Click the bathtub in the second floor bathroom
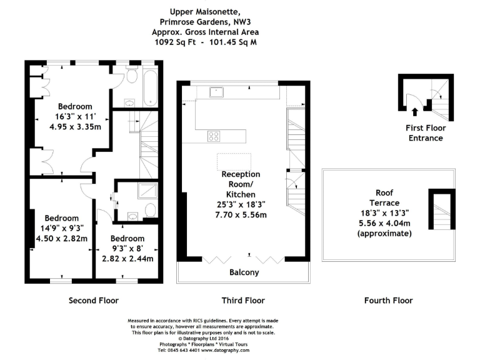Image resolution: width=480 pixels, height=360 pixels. (150, 88)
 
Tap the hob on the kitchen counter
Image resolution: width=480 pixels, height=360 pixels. (214, 136)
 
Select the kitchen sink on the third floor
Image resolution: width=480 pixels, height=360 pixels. (216, 92)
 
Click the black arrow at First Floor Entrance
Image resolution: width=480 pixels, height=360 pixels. (415, 112)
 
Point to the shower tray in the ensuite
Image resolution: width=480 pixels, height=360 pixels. (147, 191)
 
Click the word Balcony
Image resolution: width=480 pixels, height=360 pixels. (244, 272)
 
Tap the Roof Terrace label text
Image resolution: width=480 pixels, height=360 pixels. (384, 197)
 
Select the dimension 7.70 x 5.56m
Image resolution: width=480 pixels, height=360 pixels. (241, 215)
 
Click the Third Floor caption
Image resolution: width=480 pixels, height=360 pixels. (243, 300)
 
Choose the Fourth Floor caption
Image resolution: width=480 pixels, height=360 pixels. (389, 300)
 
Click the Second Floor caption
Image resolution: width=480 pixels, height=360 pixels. (94, 300)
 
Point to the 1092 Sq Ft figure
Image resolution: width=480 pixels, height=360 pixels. (175, 42)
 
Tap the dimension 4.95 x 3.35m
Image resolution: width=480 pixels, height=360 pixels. (75, 127)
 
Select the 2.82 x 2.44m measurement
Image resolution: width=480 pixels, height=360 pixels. (127, 259)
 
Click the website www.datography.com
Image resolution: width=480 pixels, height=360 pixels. (225, 350)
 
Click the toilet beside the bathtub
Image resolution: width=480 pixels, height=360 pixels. (132, 76)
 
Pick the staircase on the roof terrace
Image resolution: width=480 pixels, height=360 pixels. (442, 211)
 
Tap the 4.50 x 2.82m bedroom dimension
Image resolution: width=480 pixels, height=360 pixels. (62, 238)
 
